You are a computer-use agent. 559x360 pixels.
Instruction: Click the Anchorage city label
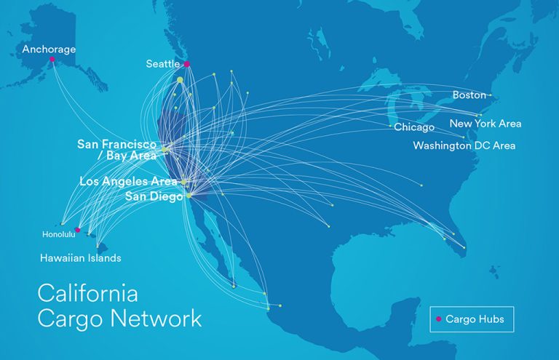[49, 49]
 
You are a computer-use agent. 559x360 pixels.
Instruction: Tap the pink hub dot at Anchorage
[52, 60]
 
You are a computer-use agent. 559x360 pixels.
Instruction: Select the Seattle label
[163, 64]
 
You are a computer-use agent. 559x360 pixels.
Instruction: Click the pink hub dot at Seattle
[187, 64]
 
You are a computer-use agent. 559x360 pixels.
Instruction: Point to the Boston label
[469, 95]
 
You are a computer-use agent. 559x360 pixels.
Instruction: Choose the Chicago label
[414, 127]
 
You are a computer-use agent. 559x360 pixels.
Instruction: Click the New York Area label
[485, 124]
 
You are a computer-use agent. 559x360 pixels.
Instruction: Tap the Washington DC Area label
[464, 145]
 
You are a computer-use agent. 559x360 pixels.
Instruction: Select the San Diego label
[154, 196]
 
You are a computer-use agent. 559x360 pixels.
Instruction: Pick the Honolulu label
[58, 234]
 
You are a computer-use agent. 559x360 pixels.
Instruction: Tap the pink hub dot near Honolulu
[78, 230]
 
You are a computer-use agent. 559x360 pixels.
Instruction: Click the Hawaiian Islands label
[80, 258]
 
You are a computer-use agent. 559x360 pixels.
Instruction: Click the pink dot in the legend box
[438, 319]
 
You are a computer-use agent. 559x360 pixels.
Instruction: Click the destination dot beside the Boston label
[491, 95]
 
